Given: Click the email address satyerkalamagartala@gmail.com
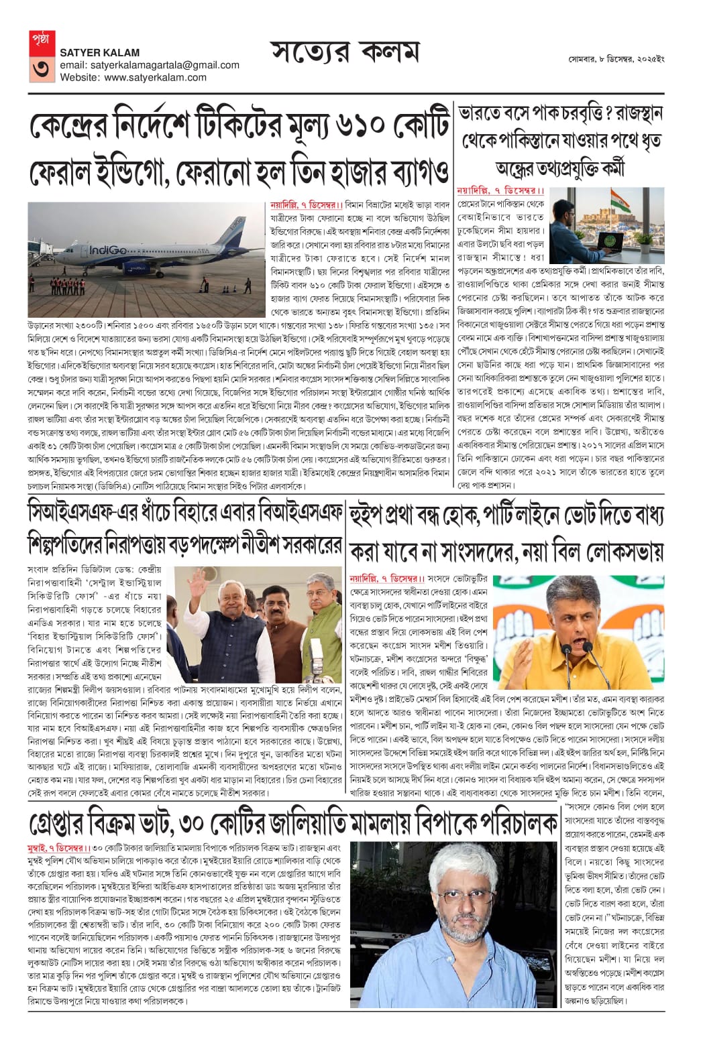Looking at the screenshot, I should tap(150, 65).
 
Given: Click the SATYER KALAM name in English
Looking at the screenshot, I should tap(100, 52).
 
